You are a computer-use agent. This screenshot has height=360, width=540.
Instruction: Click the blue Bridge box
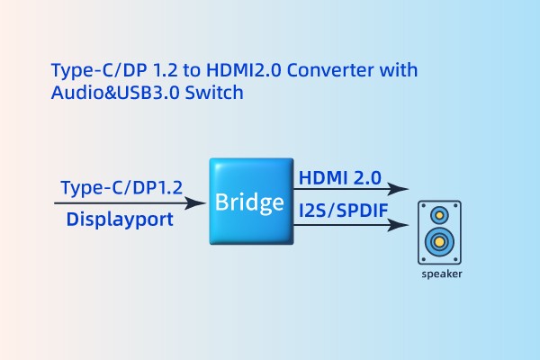coord(253,202)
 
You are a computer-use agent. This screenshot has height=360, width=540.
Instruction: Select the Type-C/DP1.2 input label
coord(121,187)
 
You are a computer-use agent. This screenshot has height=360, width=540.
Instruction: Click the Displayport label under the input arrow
coord(121,220)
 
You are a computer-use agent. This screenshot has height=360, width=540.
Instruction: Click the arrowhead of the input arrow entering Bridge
coord(200,203)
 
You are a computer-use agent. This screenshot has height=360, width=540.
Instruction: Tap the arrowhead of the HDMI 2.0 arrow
coord(402,190)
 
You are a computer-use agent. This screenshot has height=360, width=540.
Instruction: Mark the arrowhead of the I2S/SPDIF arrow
coord(402,225)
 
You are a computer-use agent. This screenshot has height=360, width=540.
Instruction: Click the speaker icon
coord(440,231)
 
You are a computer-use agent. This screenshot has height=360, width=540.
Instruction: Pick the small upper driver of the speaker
coord(440,215)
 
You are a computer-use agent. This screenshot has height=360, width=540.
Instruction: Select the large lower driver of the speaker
coord(440,242)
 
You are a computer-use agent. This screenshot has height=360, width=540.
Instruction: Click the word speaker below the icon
coord(441,274)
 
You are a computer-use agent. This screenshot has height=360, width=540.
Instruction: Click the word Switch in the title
coord(216,93)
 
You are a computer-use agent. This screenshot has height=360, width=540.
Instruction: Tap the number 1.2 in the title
coord(150,70)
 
